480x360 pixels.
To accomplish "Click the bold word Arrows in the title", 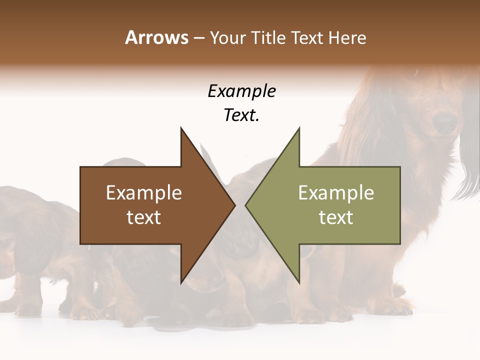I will pyautogui.click(x=156, y=37).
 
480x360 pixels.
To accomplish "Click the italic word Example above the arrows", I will pyautogui.click(x=241, y=91).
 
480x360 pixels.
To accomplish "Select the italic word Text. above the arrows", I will pyautogui.click(x=241, y=115).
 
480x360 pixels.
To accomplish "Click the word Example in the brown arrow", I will pyautogui.click(x=144, y=193).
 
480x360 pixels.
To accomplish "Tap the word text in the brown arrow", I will pyautogui.click(x=144, y=217).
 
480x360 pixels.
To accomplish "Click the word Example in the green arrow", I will pyautogui.click(x=336, y=193).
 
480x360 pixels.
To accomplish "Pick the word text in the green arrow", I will pyautogui.click(x=336, y=217).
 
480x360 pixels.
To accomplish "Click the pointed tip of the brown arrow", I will pyautogui.click(x=234, y=205).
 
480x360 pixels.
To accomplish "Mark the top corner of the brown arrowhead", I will pyautogui.click(x=181, y=128).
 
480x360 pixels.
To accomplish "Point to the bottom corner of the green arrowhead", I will pyautogui.click(x=299, y=282).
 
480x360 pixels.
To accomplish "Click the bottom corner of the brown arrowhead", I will pyautogui.click(x=181, y=282).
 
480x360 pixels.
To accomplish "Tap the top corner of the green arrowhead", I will pyautogui.click(x=299, y=128).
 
